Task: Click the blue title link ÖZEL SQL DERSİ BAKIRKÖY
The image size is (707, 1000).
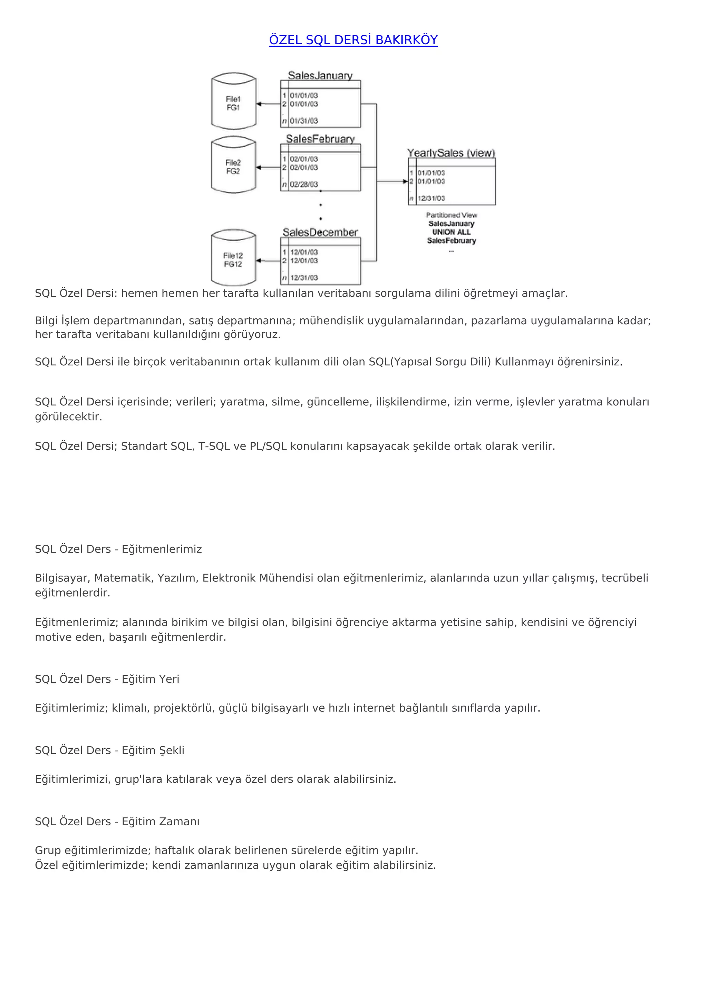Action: (353, 40)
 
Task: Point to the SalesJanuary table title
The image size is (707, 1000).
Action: (320, 75)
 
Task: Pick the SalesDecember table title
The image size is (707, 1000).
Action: (320, 232)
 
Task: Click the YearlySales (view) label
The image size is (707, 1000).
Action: (451, 153)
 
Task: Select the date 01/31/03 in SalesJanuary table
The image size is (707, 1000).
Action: (304, 121)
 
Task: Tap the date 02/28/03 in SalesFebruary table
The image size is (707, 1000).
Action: (304, 184)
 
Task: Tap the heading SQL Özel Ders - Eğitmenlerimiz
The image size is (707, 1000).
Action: (118, 549)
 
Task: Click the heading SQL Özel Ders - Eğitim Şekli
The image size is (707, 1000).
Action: (110, 750)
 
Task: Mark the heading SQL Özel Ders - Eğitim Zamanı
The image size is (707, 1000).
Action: (117, 821)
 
